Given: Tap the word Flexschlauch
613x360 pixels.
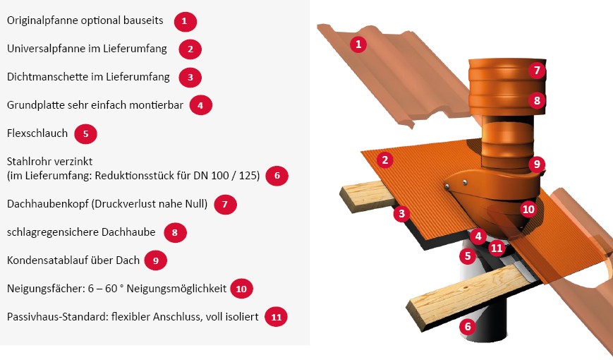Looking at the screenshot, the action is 37,133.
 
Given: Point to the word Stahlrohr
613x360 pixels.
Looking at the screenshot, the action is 29,161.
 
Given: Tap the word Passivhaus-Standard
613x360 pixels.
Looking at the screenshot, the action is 57,316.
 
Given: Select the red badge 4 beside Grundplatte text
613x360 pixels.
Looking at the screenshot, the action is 200,105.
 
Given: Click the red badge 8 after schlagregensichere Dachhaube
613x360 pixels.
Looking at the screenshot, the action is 175,232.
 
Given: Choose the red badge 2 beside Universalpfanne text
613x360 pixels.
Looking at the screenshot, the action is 190,49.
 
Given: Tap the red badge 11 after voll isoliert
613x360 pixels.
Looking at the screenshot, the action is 276,317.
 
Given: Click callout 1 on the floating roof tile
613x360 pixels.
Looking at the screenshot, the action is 358,44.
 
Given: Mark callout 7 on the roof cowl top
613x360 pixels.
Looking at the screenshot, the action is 537,70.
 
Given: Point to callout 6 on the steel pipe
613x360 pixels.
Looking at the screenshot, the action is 468,326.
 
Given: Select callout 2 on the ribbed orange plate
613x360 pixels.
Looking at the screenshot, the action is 385,160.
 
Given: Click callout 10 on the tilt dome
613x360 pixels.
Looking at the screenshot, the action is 528,210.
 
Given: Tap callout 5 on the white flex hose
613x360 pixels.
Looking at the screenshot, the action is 468,256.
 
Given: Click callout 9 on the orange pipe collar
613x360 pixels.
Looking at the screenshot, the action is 537,164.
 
